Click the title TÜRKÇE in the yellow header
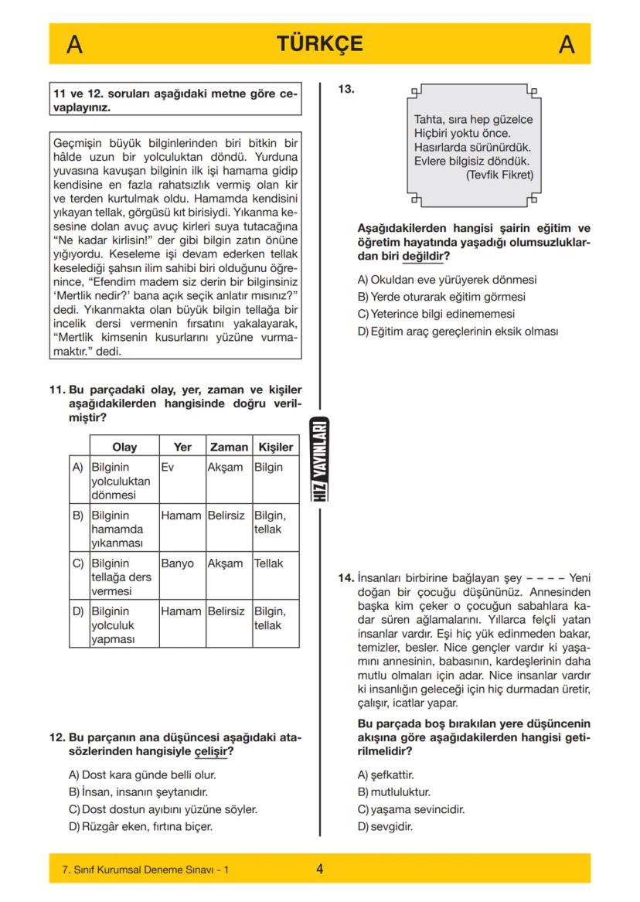319,44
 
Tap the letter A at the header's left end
74,45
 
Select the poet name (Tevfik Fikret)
499,175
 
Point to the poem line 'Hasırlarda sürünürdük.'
473,148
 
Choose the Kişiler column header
275,447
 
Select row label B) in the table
77,515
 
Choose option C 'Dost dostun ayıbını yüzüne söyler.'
163,809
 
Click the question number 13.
346,89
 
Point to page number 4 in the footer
319,869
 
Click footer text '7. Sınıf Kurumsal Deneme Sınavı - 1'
145,870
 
